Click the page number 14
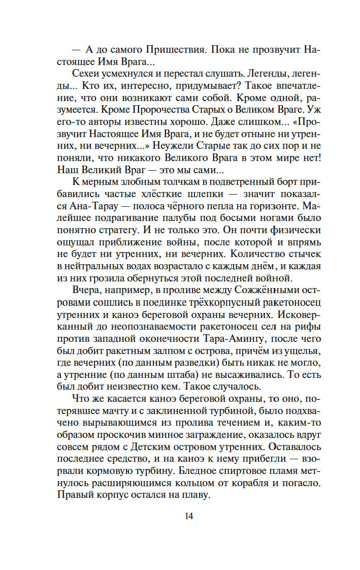[189, 517]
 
